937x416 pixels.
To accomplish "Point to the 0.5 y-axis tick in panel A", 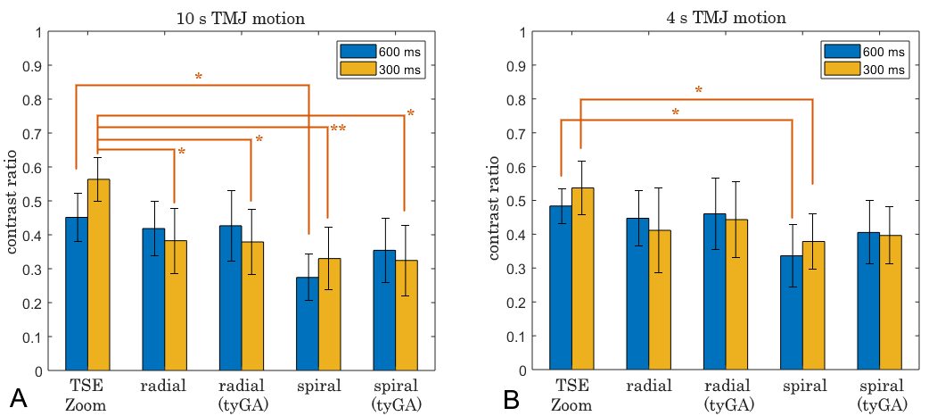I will tap(36, 201).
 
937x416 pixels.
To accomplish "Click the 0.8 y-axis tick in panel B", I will tap(520, 99).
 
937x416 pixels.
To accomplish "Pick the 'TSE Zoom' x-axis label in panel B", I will tap(571, 395).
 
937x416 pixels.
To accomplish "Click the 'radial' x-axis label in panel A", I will tap(163, 386).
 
